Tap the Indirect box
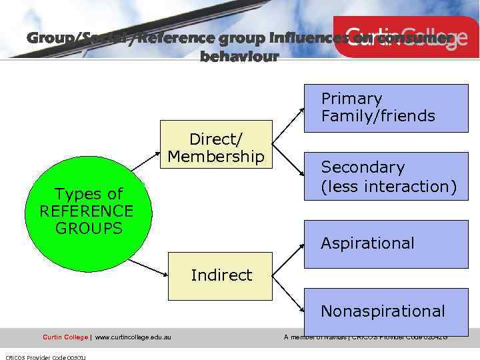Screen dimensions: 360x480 pyautogui.click(x=221, y=275)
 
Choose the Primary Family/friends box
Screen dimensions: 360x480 pyautogui.click(x=386, y=108)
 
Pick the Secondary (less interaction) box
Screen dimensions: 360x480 pyautogui.click(x=386, y=177)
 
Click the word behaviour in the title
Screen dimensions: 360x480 pyautogui.click(x=239, y=57)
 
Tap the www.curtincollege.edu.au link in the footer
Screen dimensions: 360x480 pyautogui.click(x=133, y=337)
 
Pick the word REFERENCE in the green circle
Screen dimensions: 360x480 pyautogui.click(x=87, y=211)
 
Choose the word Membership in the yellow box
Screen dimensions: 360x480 pyautogui.click(x=216, y=157)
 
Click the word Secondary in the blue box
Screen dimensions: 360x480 pyautogui.click(x=363, y=167)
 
